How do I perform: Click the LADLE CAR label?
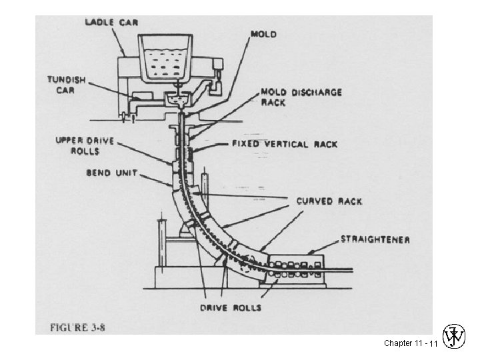point(111,23)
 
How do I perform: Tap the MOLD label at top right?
point(264,33)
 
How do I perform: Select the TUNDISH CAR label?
point(67,84)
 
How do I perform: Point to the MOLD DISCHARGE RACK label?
point(301,97)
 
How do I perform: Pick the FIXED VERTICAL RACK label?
point(285,144)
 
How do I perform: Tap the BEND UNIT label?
point(111,173)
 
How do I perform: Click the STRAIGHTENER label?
point(375,239)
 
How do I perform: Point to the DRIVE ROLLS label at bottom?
point(231,307)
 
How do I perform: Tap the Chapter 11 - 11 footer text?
point(410,343)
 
